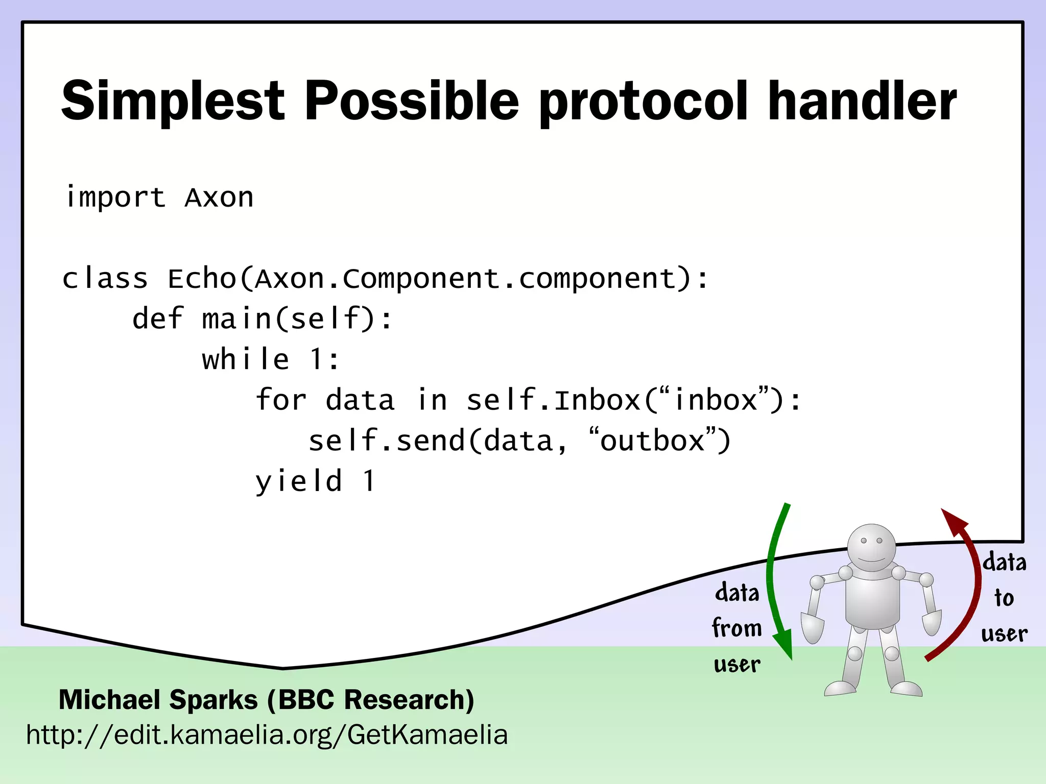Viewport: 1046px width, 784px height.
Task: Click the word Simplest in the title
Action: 173,102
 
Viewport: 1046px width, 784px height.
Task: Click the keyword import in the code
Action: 115,198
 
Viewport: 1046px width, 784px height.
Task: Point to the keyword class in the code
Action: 105,279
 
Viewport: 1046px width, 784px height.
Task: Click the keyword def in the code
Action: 157,319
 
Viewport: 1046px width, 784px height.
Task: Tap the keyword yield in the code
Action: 299,482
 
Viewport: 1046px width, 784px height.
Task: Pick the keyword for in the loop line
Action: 280,400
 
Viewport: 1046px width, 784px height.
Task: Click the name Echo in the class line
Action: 202,279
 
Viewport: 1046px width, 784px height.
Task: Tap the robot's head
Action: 871,549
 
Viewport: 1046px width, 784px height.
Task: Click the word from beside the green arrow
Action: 736,628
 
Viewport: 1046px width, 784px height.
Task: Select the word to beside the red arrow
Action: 1004,597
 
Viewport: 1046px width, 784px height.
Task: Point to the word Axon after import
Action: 219,198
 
